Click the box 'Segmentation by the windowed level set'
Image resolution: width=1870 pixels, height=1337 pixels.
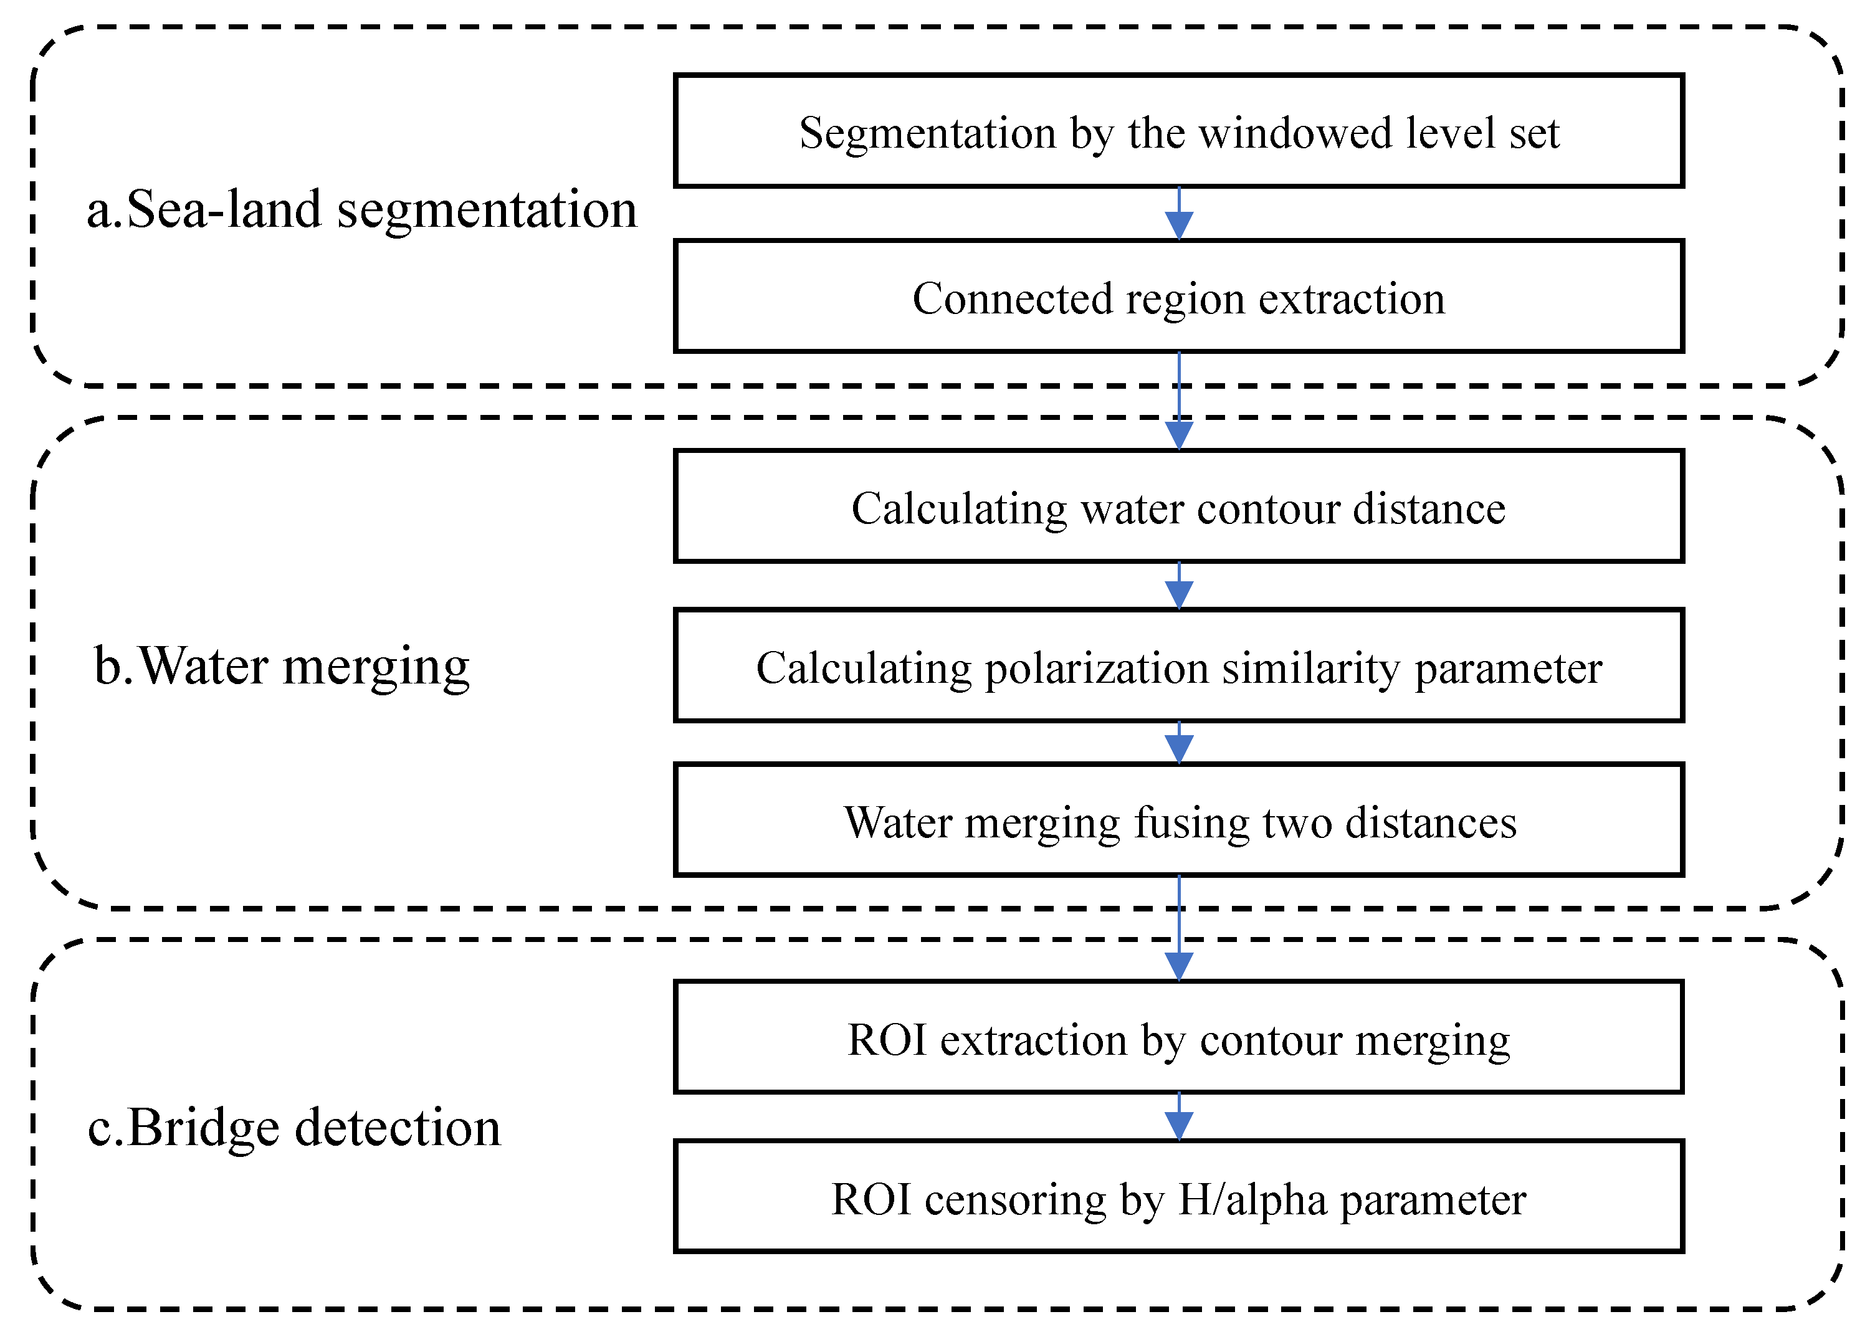(x=1178, y=131)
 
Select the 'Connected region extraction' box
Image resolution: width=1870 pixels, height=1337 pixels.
(x=1178, y=297)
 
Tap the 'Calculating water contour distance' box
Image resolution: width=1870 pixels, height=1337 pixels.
(x=1178, y=507)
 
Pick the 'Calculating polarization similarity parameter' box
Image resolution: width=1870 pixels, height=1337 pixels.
(x=1178, y=666)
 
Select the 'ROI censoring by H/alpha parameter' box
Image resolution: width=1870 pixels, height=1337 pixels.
(x=1178, y=1198)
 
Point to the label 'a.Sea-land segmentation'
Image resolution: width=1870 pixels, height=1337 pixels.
(x=362, y=209)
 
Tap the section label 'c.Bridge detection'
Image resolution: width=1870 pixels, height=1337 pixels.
(x=294, y=1127)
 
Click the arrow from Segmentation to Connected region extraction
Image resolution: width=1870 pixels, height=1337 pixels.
(x=1179, y=214)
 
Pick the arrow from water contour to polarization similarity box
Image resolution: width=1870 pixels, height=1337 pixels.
(x=1179, y=586)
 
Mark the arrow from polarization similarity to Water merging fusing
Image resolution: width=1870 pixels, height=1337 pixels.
(x=1179, y=743)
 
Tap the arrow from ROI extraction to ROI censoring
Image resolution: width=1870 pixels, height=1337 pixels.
(x=1179, y=1117)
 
